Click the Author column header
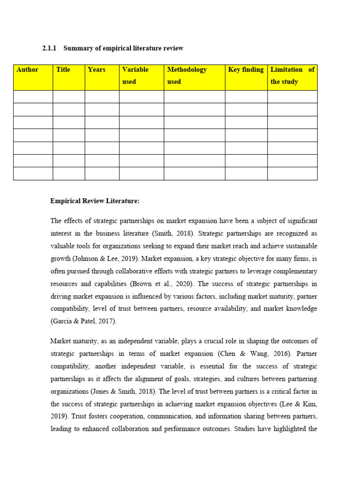tap(27, 70)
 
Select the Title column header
tap(63, 70)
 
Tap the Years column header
tap(97, 70)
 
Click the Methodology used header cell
tap(187, 75)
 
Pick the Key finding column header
tap(246, 70)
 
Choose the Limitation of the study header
tap(292, 75)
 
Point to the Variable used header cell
tap(135, 75)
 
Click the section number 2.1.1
tap(49, 48)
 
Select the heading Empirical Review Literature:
tap(95, 201)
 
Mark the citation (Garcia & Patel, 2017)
tap(82, 322)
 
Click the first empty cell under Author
tap(33, 97)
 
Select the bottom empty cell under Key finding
tap(246, 173)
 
